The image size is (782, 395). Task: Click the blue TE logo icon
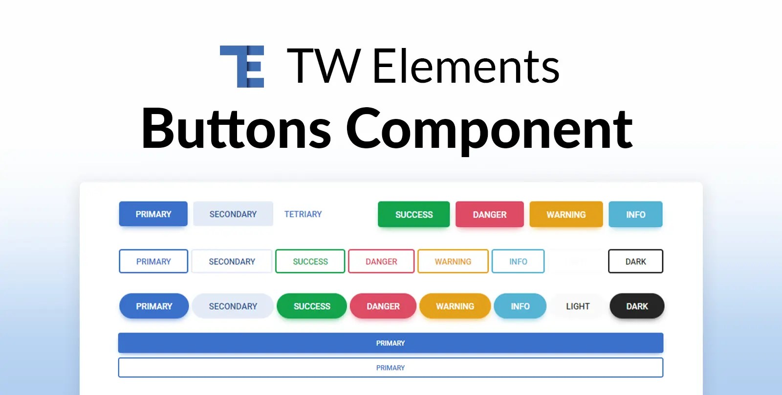click(x=242, y=67)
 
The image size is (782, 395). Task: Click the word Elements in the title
click(x=466, y=67)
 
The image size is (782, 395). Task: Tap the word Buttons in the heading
click(x=236, y=128)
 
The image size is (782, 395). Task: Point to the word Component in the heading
click(x=489, y=128)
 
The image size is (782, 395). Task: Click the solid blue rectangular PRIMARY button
click(x=153, y=214)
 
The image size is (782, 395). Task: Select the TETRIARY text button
click(x=303, y=214)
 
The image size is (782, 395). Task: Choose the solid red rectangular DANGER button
click(x=489, y=214)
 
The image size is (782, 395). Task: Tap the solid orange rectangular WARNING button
click(x=566, y=214)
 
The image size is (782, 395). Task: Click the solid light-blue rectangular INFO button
click(x=635, y=214)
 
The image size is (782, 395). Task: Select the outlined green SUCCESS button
click(x=310, y=261)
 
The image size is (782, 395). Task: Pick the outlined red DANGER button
click(x=381, y=261)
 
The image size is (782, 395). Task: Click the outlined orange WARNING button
click(x=453, y=261)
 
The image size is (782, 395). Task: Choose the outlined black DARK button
click(x=635, y=261)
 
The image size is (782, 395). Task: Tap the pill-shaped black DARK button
click(x=637, y=306)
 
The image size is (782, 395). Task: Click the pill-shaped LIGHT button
click(x=578, y=306)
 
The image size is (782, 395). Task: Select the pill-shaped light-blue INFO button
click(x=520, y=306)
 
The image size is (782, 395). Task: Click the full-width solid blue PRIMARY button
click(x=391, y=343)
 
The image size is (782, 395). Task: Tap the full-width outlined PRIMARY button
click(x=391, y=368)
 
